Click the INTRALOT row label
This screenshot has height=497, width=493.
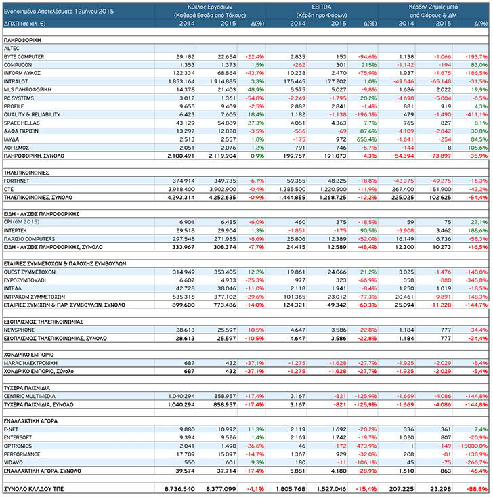coord(16,81)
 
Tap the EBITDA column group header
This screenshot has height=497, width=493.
coord(322,7)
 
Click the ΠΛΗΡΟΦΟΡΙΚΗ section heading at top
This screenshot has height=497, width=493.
coord(22,40)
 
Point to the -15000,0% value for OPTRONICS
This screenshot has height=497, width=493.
coord(473,446)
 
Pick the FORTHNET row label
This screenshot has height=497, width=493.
coord(16,181)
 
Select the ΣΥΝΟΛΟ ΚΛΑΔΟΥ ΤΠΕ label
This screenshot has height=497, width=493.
coord(34,489)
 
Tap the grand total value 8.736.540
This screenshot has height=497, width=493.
coord(179,489)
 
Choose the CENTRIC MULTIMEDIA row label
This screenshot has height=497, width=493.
coord(30,396)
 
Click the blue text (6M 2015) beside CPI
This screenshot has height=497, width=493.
coord(26,222)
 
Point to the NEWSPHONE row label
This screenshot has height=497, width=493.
coord(19,330)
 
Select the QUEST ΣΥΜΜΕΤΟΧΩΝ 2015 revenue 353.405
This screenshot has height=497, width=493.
coord(225,272)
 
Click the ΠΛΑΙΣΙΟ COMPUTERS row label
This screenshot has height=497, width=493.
coord(29,239)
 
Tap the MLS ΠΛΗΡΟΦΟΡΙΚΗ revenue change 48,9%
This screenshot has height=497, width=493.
coord(255,89)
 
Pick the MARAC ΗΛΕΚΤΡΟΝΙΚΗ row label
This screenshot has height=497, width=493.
coord(30,363)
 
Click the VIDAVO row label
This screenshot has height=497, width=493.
coord(14,462)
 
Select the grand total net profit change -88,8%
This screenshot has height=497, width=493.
coord(478,489)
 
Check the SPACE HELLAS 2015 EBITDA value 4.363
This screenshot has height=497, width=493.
coord(339,123)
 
